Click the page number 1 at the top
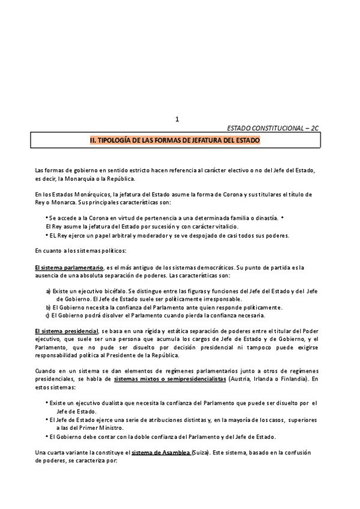177,119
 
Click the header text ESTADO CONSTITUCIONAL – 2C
273,129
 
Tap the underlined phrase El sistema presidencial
66,331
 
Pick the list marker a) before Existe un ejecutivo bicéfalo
48,291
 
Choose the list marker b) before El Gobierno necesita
48,307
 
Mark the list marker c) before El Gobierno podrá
48,315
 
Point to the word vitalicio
224,226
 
